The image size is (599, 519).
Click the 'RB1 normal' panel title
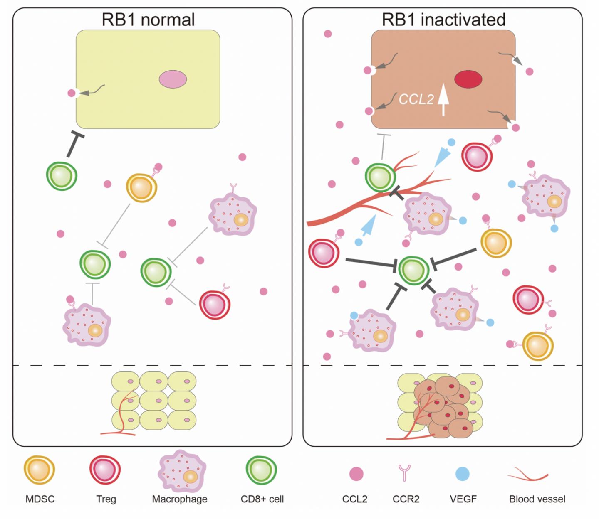(148, 20)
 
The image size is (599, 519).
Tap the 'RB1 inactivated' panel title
(443, 20)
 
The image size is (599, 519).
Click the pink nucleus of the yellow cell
(173, 79)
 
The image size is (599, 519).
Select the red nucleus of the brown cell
(468, 79)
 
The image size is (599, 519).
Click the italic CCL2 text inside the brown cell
(416, 99)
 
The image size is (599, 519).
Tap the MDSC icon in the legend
(40, 470)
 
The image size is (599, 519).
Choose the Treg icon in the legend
(105, 470)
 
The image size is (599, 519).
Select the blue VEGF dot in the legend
(463, 474)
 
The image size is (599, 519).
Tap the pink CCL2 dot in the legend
(356, 474)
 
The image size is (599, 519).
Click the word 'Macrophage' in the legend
(180, 499)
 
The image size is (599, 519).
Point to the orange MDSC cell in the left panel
(141, 187)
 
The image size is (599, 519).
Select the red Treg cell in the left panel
(214, 305)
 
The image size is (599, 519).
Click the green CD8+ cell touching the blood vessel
(380, 177)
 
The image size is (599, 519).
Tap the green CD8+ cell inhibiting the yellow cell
(62, 175)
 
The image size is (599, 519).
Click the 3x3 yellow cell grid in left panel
(154, 401)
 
